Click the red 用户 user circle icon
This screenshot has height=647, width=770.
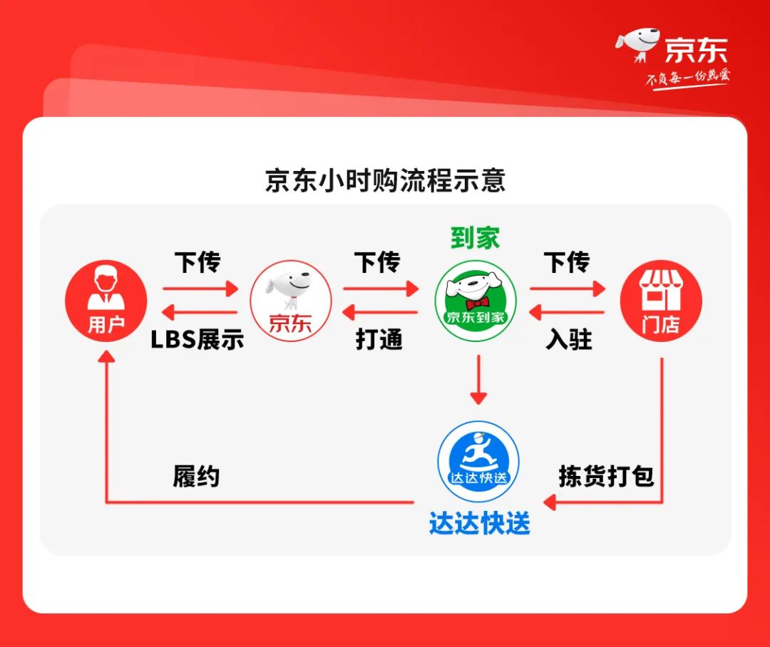coord(106,301)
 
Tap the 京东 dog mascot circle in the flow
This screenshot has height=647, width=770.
coord(290,301)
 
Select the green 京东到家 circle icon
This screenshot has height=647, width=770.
coord(476,301)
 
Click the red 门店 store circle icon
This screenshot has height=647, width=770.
coord(660,301)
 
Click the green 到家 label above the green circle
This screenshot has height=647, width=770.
coord(475,238)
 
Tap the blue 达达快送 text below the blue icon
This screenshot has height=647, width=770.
coord(479,524)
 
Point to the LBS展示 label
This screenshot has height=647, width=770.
coord(197,340)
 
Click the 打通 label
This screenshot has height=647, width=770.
coord(379,340)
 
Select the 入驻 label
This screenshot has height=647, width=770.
coord(569,340)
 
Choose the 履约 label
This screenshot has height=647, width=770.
coord(196,477)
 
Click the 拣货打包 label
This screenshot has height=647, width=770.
coord(606,477)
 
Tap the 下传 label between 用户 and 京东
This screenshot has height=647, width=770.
coord(198,262)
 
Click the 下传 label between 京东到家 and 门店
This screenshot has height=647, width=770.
coord(568,262)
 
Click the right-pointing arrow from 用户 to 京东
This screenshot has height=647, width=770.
coord(200,289)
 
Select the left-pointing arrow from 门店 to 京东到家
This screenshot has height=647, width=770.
coord(567,312)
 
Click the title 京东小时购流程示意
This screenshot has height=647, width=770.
coord(385,180)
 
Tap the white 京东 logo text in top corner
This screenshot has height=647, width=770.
coord(696,51)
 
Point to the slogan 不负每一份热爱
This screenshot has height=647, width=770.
coord(687,78)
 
